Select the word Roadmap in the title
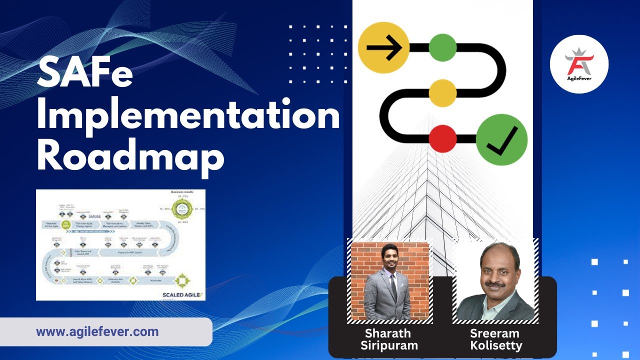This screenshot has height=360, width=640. (130, 156)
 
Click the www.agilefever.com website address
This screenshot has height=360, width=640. (97, 331)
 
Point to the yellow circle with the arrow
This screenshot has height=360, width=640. (384, 48)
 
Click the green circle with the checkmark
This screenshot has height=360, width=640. (501, 139)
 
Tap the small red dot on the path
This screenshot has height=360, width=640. (442, 138)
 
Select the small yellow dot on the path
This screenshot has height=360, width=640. (442, 93)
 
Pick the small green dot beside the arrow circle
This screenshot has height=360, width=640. (442, 48)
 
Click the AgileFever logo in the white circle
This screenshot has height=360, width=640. (579, 64)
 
